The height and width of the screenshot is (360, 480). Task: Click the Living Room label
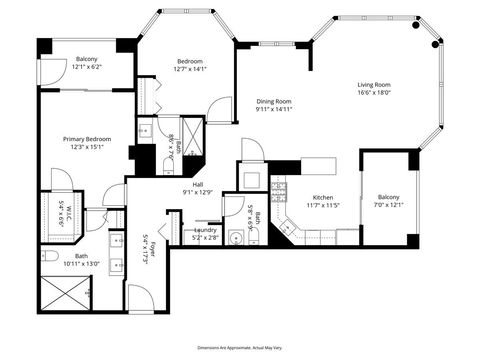(374, 84)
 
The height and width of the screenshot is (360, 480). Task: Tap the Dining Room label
(273, 101)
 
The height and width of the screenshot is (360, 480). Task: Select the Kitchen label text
(323, 198)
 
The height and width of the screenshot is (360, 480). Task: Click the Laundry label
(206, 230)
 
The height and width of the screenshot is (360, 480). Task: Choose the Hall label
(198, 183)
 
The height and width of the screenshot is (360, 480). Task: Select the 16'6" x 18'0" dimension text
(374, 94)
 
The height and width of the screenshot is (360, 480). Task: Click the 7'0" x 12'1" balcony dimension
(388, 206)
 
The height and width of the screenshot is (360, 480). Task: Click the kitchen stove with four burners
(279, 187)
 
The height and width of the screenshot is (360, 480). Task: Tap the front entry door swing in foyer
(141, 298)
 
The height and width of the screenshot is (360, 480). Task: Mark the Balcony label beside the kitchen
(388, 197)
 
